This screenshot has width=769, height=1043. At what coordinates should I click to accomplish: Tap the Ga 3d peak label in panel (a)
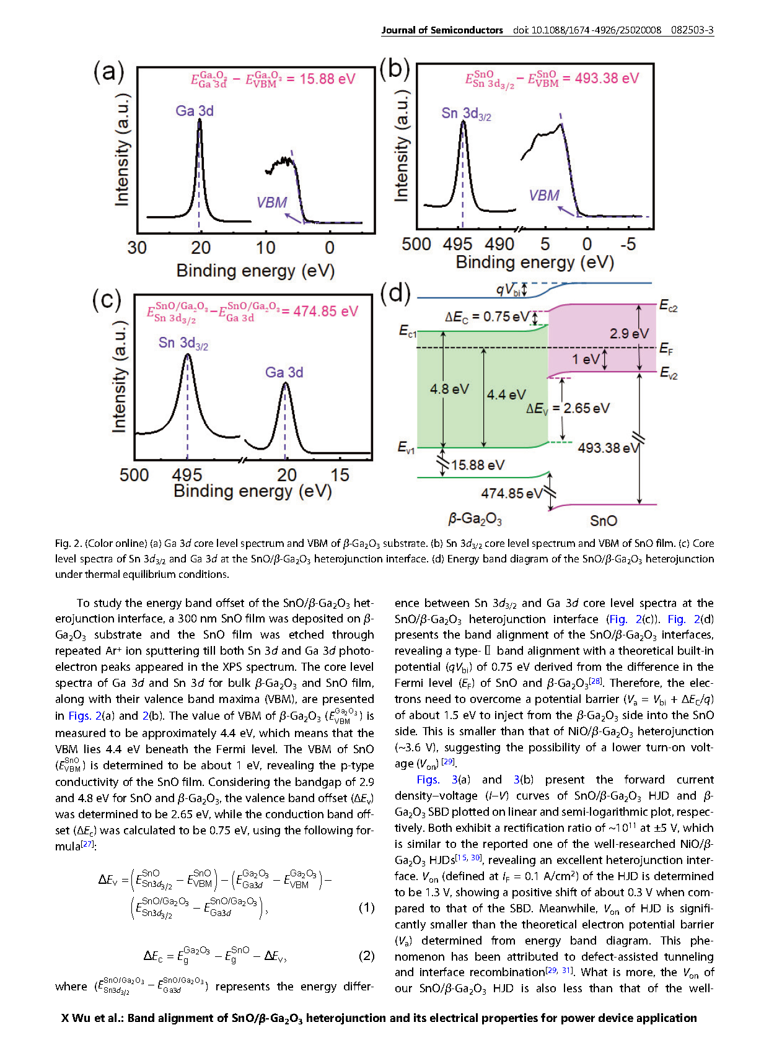click(195, 111)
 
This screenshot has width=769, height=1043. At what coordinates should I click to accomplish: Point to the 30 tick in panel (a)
click(137, 248)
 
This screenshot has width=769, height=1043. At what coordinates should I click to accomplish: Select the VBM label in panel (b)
click(544, 195)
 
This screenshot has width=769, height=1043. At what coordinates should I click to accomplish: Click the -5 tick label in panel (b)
click(628, 244)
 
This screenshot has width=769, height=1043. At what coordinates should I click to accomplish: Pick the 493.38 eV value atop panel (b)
click(607, 78)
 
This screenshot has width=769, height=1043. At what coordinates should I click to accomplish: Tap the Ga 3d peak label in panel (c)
click(284, 372)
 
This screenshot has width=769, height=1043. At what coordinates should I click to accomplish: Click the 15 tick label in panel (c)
click(340, 475)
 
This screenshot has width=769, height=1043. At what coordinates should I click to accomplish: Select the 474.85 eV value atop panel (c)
click(325, 311)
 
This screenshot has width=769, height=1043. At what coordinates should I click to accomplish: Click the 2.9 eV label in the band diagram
click(630, 333)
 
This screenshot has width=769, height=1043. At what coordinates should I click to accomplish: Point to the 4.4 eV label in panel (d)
click(506, 395)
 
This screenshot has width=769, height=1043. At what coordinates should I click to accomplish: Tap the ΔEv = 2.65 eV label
click(568, 408)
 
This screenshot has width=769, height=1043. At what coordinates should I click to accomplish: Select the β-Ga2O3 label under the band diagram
click(475, 518)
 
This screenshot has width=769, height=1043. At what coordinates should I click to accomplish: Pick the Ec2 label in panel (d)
click(669, 306)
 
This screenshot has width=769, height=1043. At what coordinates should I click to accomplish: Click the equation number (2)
click(367, 956)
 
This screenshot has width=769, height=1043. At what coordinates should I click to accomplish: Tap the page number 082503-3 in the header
click(692, 30)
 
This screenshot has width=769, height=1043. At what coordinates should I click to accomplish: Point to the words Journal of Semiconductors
click(442, 30)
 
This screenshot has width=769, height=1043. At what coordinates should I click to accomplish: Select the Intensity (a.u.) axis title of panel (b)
click(401, 146)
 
